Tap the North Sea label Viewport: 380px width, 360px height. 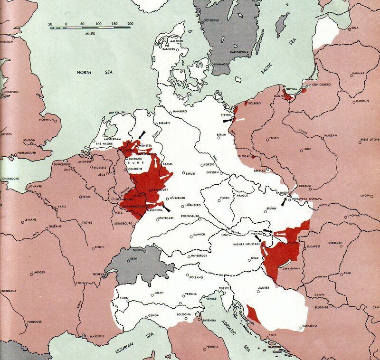click(x=90, y=72)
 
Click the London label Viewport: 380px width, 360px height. click(x=30, y=140)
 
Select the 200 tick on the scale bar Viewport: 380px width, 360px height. click(x=130, y=24)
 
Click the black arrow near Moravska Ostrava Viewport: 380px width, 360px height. click(x=284, y=202)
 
